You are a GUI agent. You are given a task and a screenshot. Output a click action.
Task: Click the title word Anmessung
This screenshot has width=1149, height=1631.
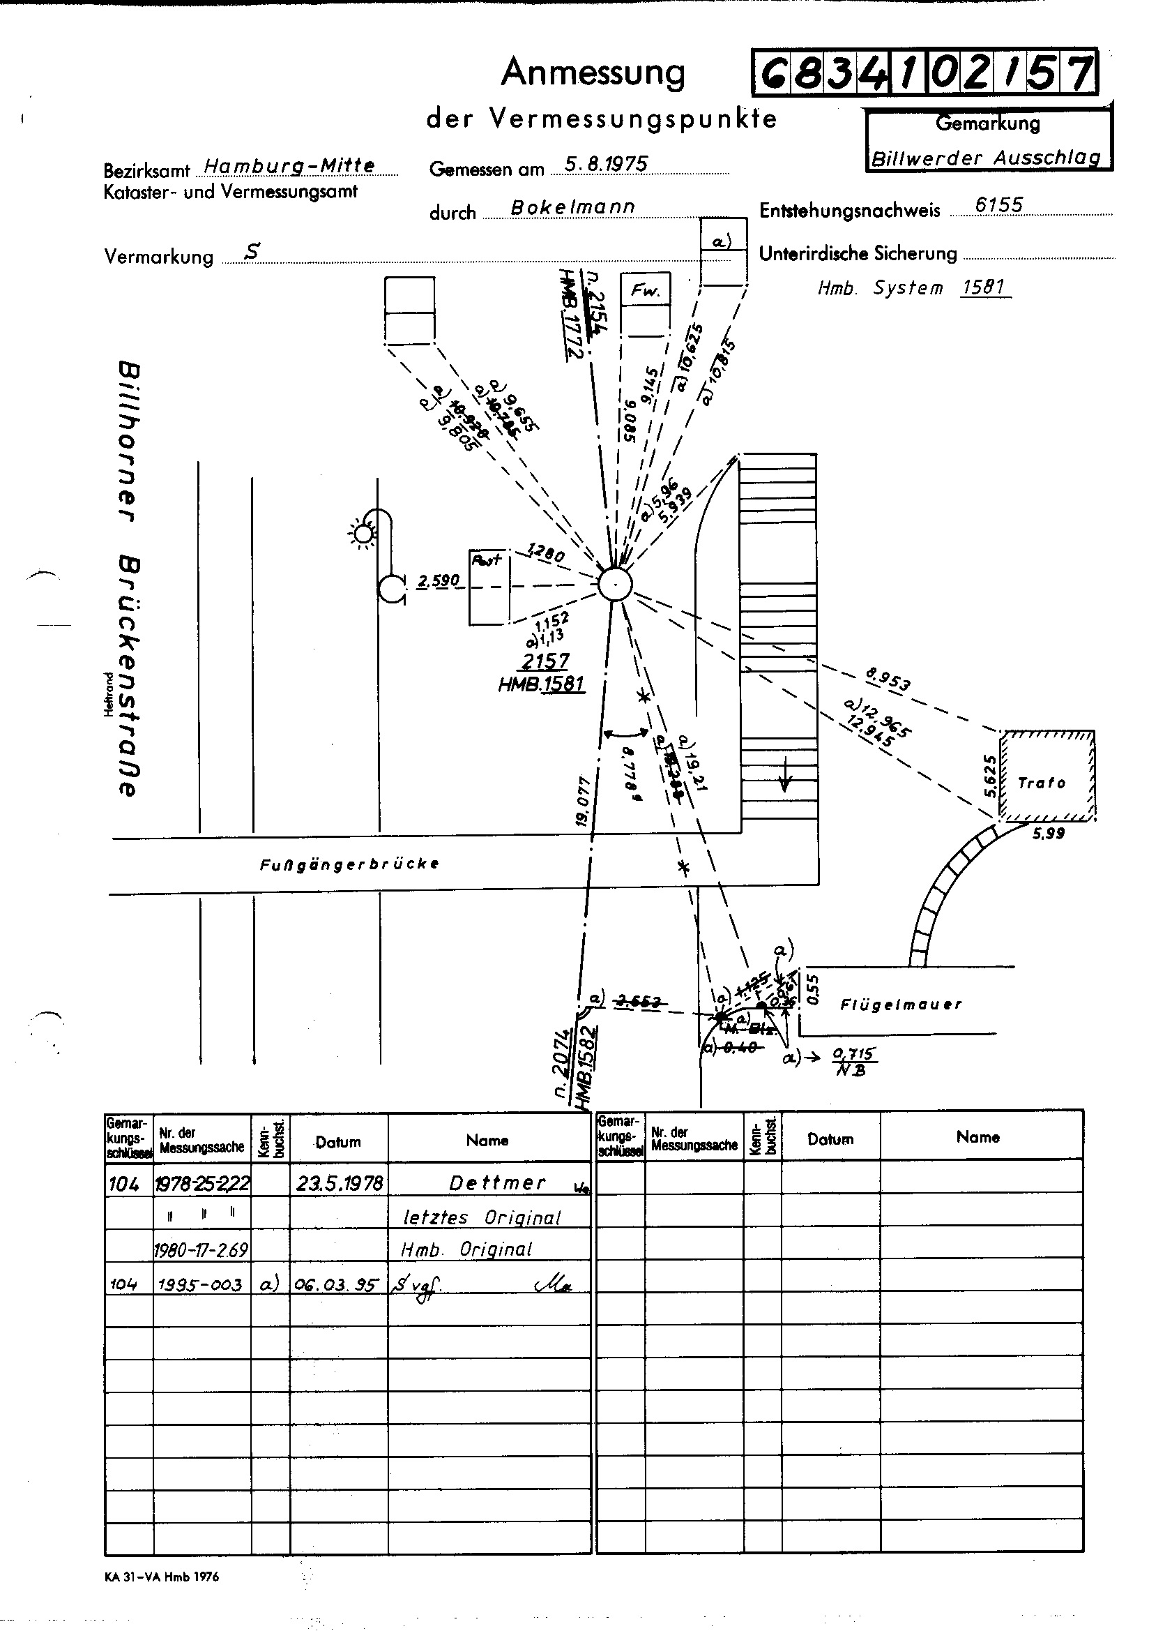coord(593,73)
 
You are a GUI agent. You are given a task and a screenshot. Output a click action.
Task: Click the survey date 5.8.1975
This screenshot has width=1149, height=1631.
coord(606,165)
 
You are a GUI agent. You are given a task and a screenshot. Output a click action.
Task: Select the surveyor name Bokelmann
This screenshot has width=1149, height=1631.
coord(572,207)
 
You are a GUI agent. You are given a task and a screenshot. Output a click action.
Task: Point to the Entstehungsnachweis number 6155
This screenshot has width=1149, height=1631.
coord(998,205)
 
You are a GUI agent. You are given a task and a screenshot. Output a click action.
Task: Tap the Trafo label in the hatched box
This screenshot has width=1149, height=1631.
coord(1041,783)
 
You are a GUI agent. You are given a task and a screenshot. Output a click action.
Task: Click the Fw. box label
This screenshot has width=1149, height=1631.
coord(646,290)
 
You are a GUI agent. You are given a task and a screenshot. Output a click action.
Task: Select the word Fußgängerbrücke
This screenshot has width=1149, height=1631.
coord(349,864)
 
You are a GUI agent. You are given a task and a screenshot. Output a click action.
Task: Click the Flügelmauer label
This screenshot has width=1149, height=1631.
coord(901,1005)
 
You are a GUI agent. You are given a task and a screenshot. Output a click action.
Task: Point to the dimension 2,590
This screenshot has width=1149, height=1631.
coord(438,582)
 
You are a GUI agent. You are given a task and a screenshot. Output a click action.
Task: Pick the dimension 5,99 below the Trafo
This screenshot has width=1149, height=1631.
coord(1048,833)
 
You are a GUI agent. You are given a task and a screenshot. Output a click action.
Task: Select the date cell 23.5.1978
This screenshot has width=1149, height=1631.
coord(339,1182)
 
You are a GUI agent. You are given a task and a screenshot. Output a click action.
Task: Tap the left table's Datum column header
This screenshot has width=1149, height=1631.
coord(338,1142)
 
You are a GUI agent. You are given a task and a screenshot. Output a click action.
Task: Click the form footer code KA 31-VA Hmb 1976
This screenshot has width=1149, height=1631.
coord(161,1577)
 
